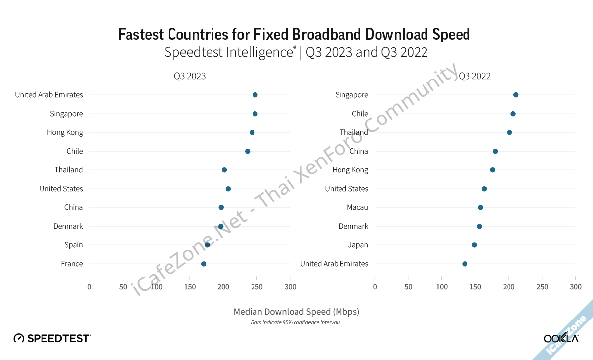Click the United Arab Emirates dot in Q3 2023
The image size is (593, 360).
pyautogui.click(x=255, y=95)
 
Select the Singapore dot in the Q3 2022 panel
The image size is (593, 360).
pyautogui.click(x=516, y=95)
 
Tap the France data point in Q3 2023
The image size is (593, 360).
pyautogui.click(x=204, y=264)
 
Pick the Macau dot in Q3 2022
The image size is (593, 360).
pyautogui.click(x=480, y=207)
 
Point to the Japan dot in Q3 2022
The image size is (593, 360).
pyautogui.click(x=474, y=245)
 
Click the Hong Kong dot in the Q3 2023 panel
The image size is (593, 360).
pyautogui.click(x=252, y=132)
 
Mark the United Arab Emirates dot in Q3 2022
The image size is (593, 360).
pyautogui.click(x=465, y=264)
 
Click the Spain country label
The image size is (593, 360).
pyautogui.click(x=74, y=245)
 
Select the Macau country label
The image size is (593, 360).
pyautogui.click(x=357, y=207)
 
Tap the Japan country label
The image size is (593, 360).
pyautogui.click(x=358, y=245)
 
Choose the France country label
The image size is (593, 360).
pyautogui.click(x=72, y=264)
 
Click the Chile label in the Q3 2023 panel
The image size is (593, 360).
pyautogui.click(x=75, y=151)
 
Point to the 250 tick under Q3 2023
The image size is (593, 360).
pyautogui.click(x=256, y=287)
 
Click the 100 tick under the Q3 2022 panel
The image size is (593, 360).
pyautogui.click(x=442, y=287)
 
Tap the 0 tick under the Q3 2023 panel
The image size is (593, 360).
pyautogui.click(x=89, y=287)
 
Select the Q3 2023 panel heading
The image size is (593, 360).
pyautogui.click(x=189, y=76)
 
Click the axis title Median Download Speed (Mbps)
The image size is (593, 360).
pyautogui.click(x=296, y=312)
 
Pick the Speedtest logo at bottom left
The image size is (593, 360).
pyautogui.click(x=52, y=338)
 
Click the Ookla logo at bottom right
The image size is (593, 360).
pyautogui.click(x=561, y=338)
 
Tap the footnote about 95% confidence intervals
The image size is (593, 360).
pyautogui.click(x=296, y=322)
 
